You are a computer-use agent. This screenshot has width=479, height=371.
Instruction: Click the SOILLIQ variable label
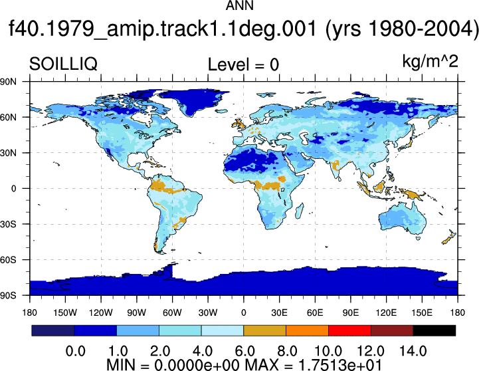coord(63,64)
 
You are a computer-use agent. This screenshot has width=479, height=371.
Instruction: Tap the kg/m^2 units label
coord(430,61)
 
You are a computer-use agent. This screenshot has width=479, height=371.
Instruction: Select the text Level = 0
coord(243,64)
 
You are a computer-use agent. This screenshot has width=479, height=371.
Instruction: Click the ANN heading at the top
coord(239,5)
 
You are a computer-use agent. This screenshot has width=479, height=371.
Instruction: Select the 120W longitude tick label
coord(101,312)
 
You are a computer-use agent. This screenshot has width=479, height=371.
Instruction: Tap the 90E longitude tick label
coord(350,312)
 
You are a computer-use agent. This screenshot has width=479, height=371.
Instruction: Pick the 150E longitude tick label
coord(422,312)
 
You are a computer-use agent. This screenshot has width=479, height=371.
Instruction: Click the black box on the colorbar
coord(434,330)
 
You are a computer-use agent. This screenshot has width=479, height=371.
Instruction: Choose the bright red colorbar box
coord(349,330)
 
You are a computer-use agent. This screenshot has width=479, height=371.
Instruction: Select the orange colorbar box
coord(307,330)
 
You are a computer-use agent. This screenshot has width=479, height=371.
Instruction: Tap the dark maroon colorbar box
coord(392,330)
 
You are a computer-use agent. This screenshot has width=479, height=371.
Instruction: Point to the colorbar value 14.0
coord(413,351)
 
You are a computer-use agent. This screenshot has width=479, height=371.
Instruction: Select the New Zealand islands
coord(448,237)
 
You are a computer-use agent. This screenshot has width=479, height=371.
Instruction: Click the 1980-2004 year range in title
coord(421,29)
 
